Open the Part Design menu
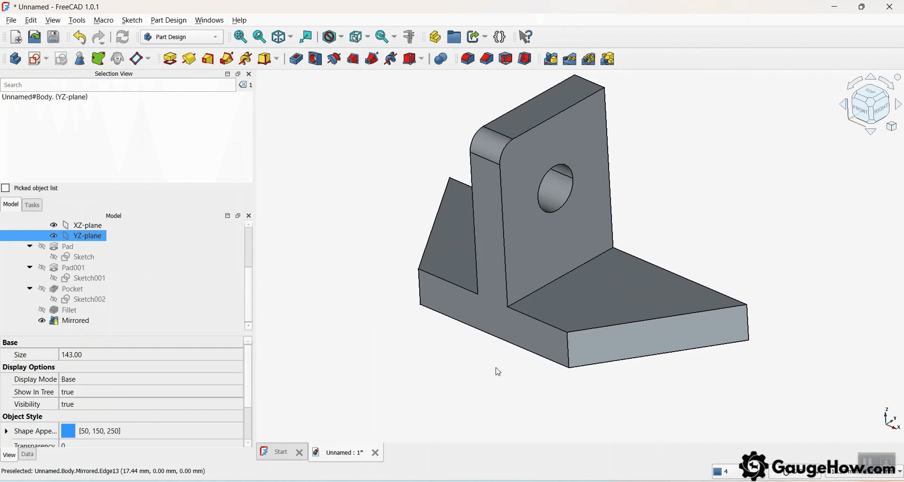coord(168,20)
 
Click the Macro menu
coord(103,20)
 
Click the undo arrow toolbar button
coord(80,37)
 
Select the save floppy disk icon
coord(53,37)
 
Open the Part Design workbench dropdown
coord(182,37)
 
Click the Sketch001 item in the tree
coord(89,278)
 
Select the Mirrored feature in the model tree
coord(75,321)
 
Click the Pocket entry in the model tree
coord(72,289)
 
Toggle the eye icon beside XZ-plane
coord(54,225)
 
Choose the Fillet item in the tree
coord(69,310)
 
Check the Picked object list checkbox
coord(6,188)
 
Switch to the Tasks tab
coord(32,205)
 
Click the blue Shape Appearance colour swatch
coord(68,431)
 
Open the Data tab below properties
coord(27,454)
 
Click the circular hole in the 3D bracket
coord(555,188)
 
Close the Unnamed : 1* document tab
coord(375,453)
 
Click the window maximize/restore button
coord(861,7)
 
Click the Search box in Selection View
coord(118,85)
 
